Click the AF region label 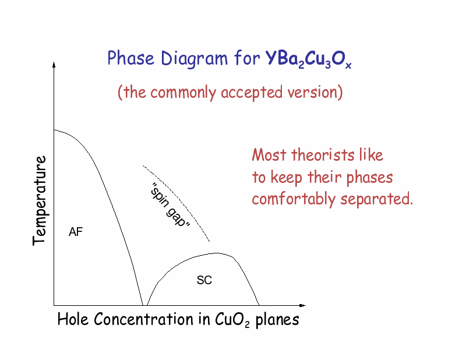pos(76,232)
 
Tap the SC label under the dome pos(204,280)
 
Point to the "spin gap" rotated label pos(170,205)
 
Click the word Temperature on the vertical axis pos(40,200)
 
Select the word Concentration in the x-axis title pos(143,319)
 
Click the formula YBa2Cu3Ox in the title pos(309,59)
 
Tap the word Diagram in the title pos(195,59)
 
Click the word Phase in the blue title pos(130,58)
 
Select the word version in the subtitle pos(312,92)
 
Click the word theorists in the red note pos(323,155)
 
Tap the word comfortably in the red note pos(294,199)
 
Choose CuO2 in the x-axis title pos(232,320)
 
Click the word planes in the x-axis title pos(277,320)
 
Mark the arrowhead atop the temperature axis pos(54,65)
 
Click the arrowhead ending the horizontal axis pos(302,305)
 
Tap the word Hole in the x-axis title pos(73,319)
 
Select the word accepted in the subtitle pos(252,93)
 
